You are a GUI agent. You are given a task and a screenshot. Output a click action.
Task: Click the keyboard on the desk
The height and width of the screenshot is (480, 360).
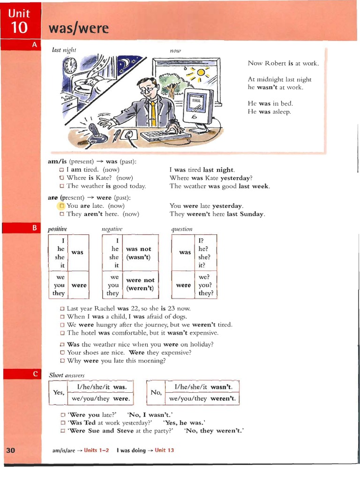coord(165,136)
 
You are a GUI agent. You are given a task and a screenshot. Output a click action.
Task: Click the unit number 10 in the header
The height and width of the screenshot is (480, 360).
coord(19,28)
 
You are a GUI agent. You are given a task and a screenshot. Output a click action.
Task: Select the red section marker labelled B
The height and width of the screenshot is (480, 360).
coord(34,228)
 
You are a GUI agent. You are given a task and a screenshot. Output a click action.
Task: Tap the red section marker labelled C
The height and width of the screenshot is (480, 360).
coord(34,374)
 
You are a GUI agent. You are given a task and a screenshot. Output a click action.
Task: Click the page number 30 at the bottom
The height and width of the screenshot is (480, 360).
coord(11,450)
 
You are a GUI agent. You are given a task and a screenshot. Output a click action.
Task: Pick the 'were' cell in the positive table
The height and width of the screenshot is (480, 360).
coord(79,285)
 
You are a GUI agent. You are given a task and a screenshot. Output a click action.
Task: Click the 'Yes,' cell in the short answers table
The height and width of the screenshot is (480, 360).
coord(59,392)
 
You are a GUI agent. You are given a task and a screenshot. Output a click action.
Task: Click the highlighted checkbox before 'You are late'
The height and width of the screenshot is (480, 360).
coord(61,206)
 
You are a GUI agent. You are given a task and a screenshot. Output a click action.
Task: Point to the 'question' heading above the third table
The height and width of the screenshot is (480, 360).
coord(182,229)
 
